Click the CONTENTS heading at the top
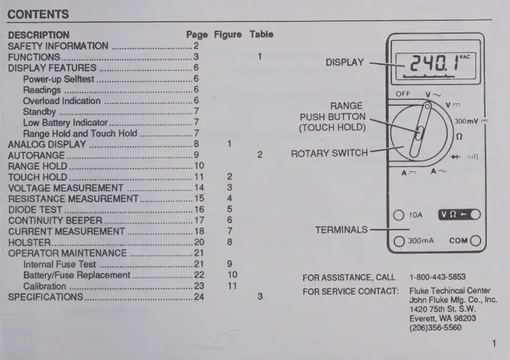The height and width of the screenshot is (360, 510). click(38, 14)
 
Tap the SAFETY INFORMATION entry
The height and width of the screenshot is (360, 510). click(58, 46)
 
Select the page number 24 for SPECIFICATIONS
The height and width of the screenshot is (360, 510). click(199, 297)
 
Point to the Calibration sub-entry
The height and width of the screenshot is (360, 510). click(45, 286)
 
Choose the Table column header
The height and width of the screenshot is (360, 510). click(261, 34)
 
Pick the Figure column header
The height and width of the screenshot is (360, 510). click(228, 34)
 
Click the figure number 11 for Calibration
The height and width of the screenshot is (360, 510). click(232, 286)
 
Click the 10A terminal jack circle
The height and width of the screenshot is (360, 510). click(399, 215)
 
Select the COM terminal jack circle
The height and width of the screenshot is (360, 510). click(476, 241)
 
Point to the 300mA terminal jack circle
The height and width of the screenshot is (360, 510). click(399, 241)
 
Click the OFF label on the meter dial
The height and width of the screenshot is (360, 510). click(402, 94)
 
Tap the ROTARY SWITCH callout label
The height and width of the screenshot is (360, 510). click(329, 153)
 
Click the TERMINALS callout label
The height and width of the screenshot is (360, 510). click(342, 230)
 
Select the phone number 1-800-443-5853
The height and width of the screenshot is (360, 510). click(437, 277)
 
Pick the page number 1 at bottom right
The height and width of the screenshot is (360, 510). click(493, 344)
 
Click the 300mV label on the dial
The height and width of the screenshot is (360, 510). click(467, 121)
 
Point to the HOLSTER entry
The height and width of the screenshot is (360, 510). click(29, 242)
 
